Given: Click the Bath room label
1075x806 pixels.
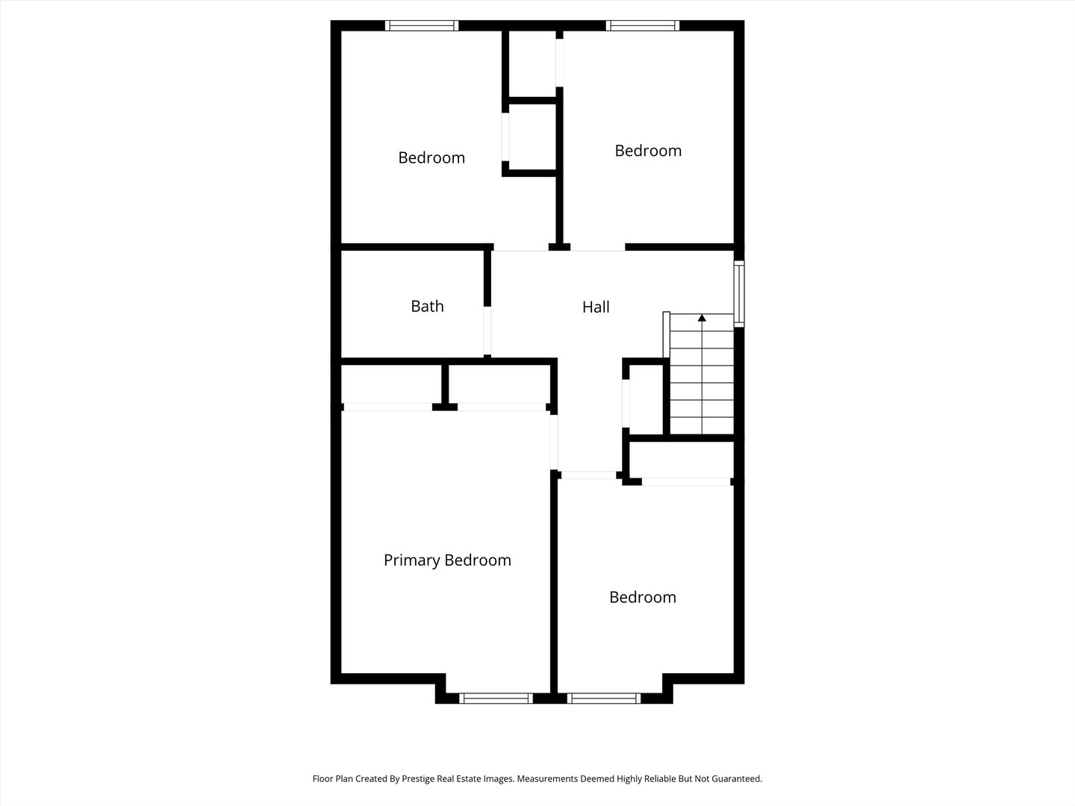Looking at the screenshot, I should point(427,306).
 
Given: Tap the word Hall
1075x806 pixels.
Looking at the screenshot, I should point(596,307).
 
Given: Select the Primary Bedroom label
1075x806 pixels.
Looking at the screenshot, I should point(447,560).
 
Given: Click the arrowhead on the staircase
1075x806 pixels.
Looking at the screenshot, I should point(702,319).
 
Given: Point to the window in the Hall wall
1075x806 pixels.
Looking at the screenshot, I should point(739,293).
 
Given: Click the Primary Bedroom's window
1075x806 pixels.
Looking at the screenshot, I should point(495,699).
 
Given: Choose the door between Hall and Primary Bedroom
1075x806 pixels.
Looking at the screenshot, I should point(554,440).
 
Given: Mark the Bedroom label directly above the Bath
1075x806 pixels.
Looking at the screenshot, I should point(431,157).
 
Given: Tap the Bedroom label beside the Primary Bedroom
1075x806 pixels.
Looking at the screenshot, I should point(643,597).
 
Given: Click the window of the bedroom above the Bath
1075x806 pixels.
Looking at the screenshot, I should point(422,25).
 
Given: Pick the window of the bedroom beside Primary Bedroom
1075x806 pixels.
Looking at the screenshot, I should point(603,699).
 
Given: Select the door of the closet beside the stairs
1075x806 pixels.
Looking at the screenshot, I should point(626,404).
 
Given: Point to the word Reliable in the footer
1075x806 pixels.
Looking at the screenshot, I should point(657,778).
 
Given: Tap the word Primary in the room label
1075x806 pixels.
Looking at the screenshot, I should point(412,560).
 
